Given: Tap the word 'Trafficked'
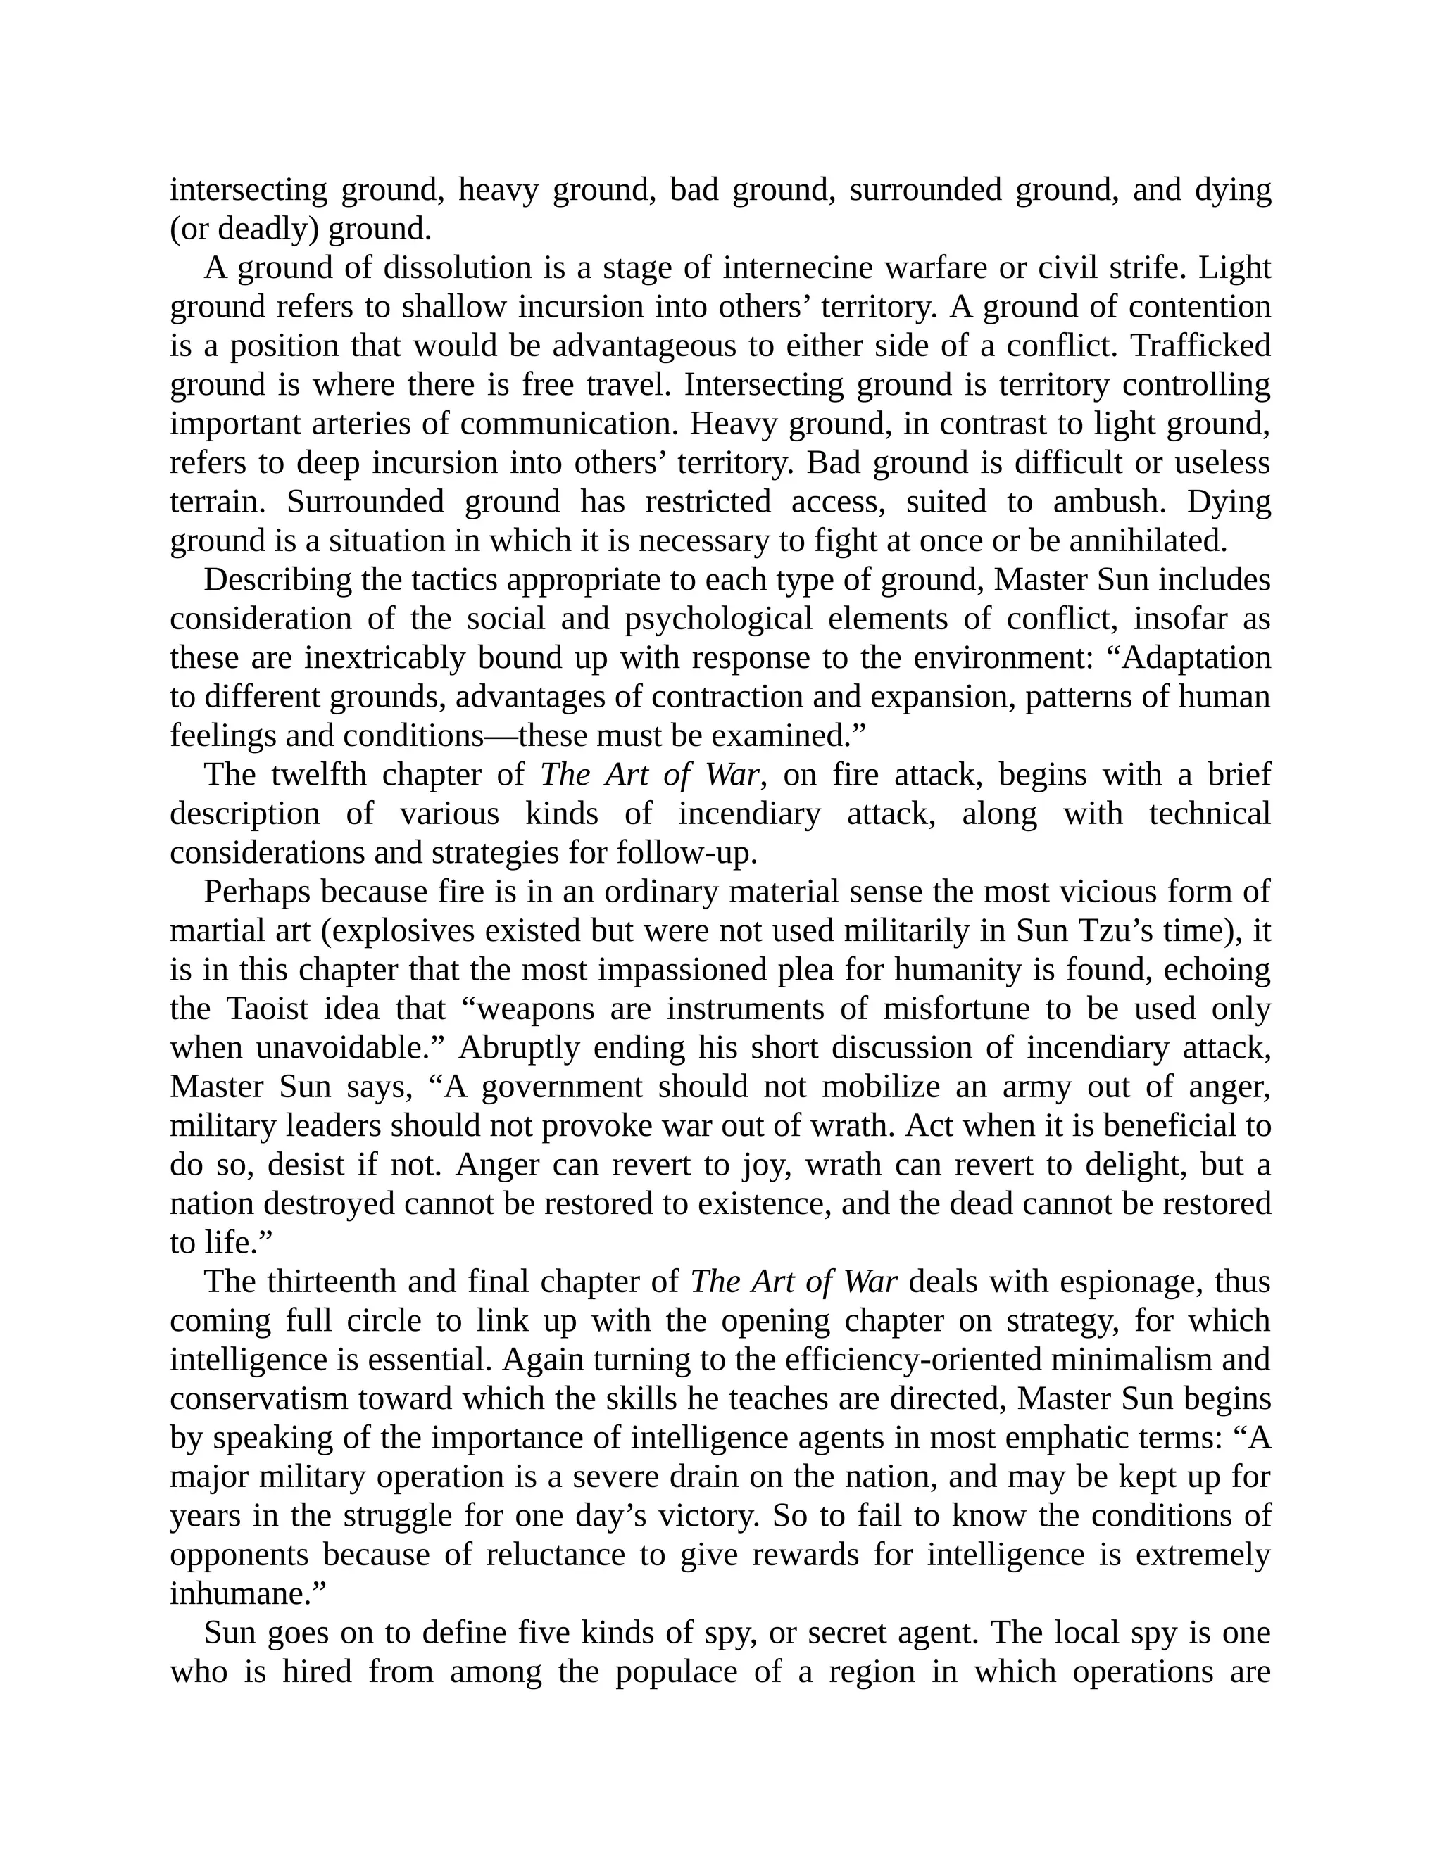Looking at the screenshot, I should tap(1200, 346).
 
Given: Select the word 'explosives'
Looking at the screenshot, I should tap(407, 932).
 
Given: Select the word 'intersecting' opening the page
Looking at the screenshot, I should tap(248, 189).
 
